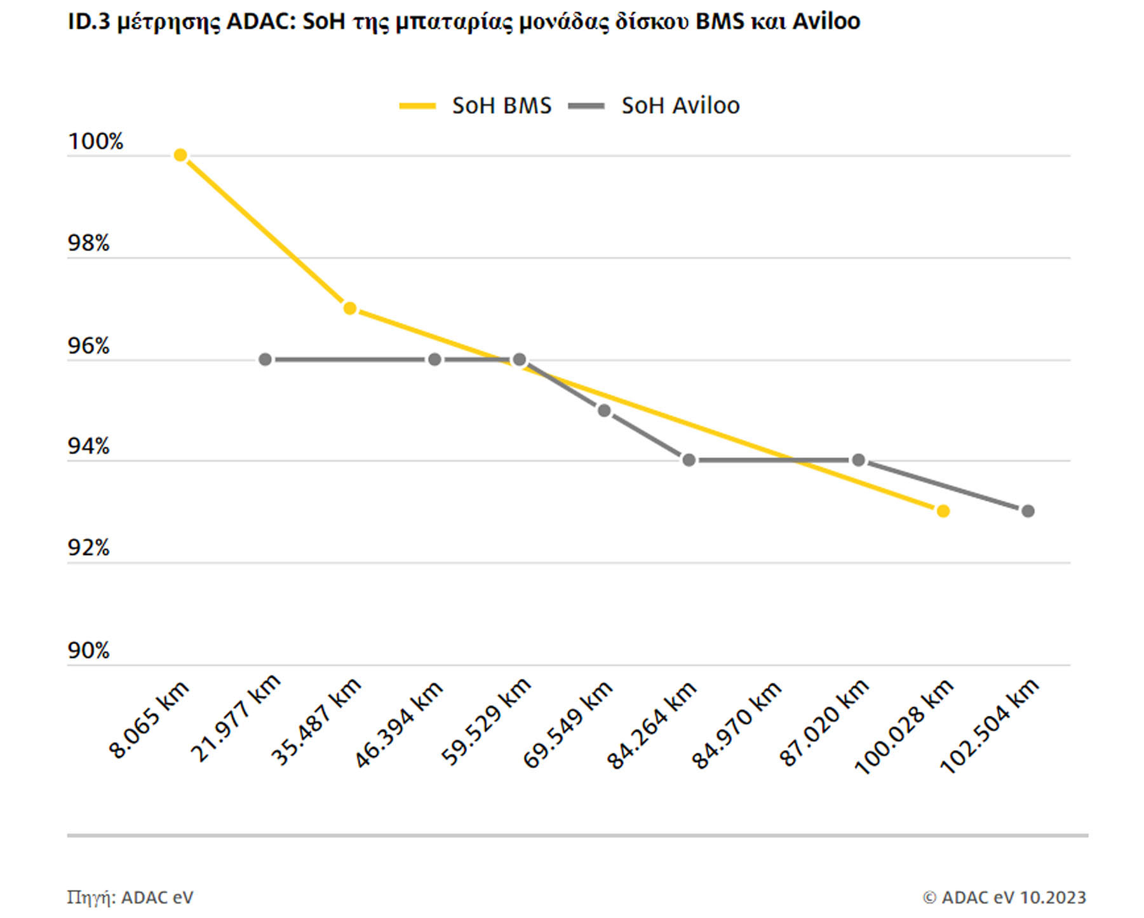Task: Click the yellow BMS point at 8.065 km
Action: point(180,155)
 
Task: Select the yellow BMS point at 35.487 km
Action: point(349,308)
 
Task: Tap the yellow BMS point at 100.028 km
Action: point(943,511)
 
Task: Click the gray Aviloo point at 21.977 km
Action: point(266,360)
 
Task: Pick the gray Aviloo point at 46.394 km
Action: point(434,360)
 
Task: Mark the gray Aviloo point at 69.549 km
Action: point(604,411)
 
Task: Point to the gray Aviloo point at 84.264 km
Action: point(689,460)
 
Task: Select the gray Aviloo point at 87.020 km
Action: point(858,460)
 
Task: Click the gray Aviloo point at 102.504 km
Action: point(1028,511)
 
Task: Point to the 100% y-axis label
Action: point(95,141)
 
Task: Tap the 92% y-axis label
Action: point(88,548)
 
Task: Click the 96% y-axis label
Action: point(88,346)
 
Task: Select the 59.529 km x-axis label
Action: point(486,722)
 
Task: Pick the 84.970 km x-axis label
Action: point(736,725)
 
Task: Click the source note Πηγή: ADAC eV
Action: point(130,898)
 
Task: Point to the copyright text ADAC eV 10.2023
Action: point(1004,898)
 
